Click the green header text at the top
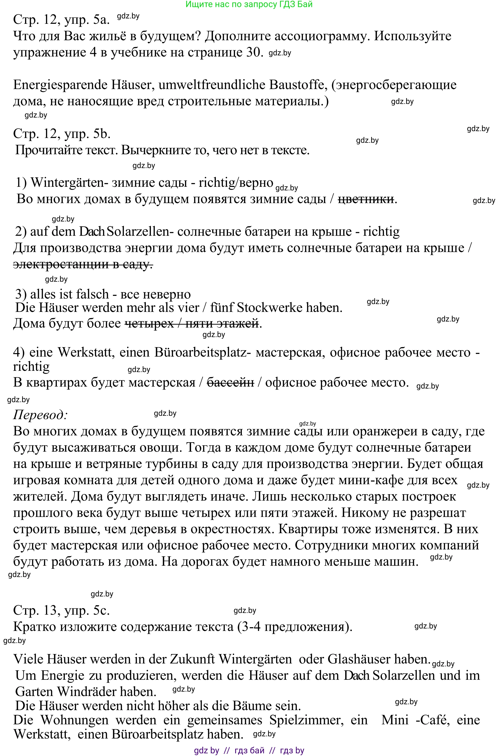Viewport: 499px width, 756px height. [x=249, y=4]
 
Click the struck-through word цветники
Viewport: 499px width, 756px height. [x=366, y=199]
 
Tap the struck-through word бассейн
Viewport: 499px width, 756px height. [x=230, y=382]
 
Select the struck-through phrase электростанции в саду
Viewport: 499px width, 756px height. [x=83, y=264]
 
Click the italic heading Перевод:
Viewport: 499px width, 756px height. [x=40, y=415]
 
